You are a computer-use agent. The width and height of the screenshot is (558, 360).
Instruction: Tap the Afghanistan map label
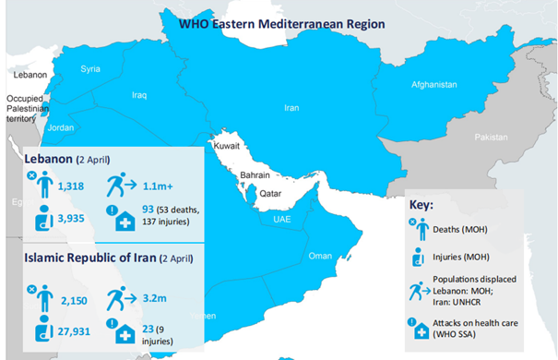433,85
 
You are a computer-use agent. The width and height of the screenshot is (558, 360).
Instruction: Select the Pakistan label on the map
491,137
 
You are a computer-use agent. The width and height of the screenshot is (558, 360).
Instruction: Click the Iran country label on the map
291,108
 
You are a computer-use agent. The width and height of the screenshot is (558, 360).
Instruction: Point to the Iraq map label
140,94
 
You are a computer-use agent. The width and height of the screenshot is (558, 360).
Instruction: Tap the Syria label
90,69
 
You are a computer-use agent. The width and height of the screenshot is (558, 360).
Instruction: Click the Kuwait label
227,147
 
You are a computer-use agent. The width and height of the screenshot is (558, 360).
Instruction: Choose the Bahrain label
254,174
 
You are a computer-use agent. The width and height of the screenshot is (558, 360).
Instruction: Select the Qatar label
269,195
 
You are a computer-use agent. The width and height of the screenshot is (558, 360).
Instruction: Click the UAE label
282,220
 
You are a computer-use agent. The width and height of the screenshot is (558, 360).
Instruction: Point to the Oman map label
319,256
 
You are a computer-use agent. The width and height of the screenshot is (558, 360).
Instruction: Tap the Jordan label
60,127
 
